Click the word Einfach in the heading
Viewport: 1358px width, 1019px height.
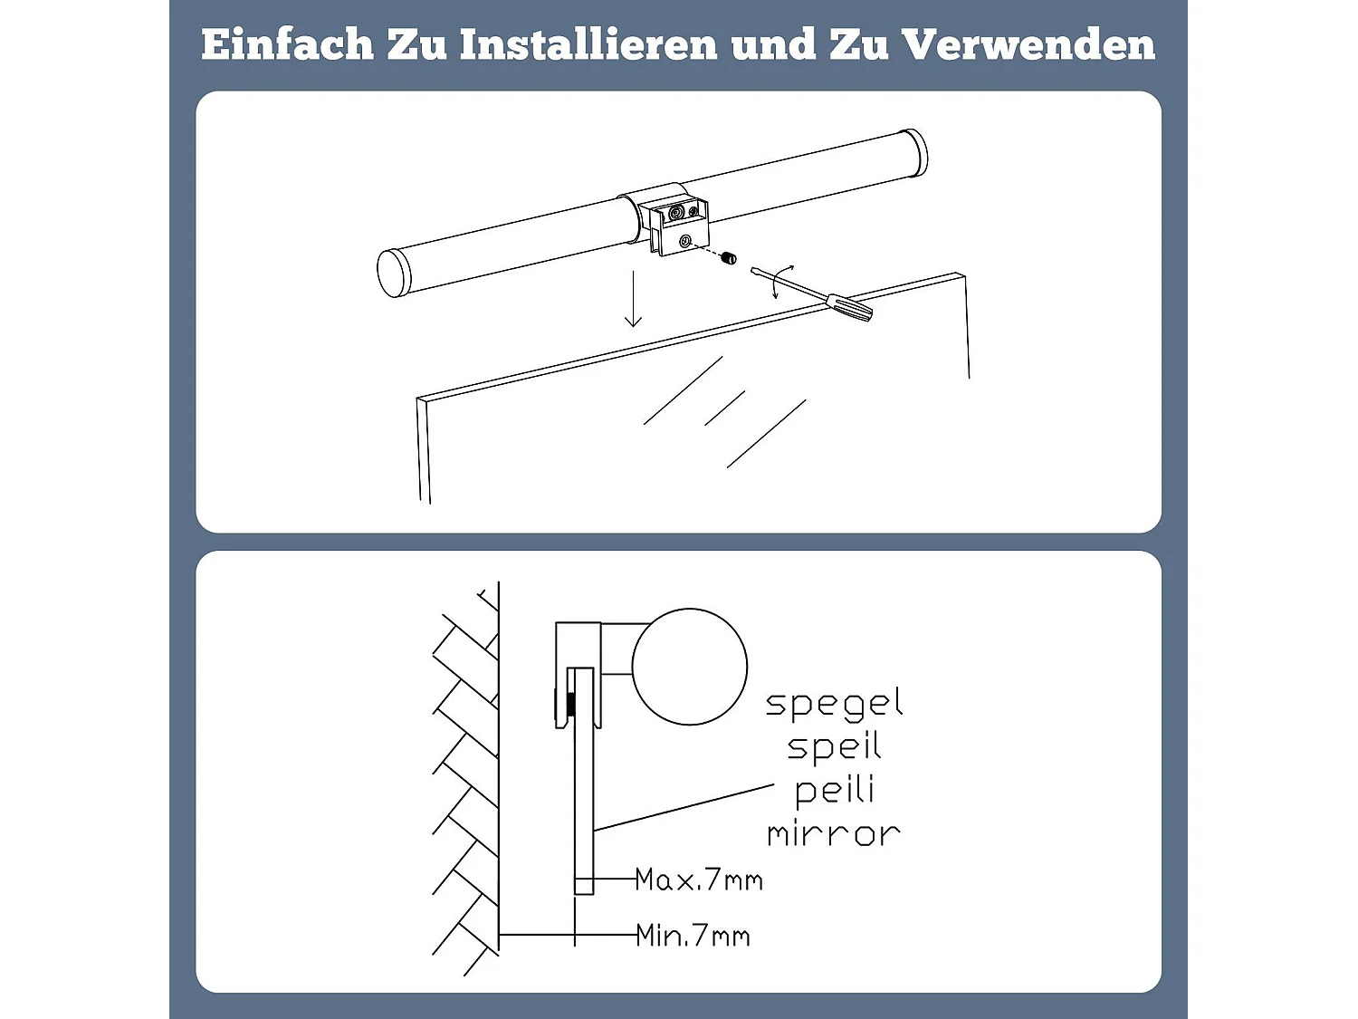point(286,44)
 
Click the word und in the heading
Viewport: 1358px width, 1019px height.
point(772,44)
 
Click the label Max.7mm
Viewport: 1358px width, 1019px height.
point(698,880)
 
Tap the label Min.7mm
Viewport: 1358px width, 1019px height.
point(693,935)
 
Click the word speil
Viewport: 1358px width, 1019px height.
point(834,747)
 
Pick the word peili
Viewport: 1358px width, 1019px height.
point(834,791)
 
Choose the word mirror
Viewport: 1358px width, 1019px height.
point(834,833)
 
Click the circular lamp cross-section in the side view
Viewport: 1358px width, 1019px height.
point(689,667)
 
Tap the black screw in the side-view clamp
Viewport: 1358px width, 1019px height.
point(570,703)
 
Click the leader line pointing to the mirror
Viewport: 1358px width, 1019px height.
point(684,806)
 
